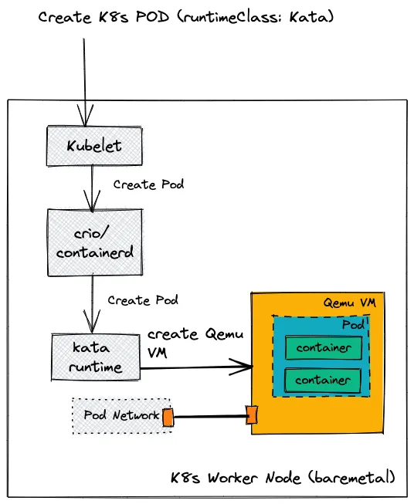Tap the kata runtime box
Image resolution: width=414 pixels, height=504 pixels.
pos(96,357)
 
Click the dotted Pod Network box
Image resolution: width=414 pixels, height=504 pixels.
pos(116,415)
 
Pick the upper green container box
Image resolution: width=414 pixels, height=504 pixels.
pos(323,347)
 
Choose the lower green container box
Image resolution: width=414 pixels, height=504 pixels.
pos(323,380)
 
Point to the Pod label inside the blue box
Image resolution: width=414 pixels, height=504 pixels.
pos(353,325)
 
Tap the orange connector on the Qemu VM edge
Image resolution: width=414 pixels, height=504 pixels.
pos(251,414)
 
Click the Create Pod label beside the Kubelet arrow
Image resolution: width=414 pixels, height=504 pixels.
pos(148,185)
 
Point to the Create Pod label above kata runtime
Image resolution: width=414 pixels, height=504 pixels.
pos(142,299)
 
